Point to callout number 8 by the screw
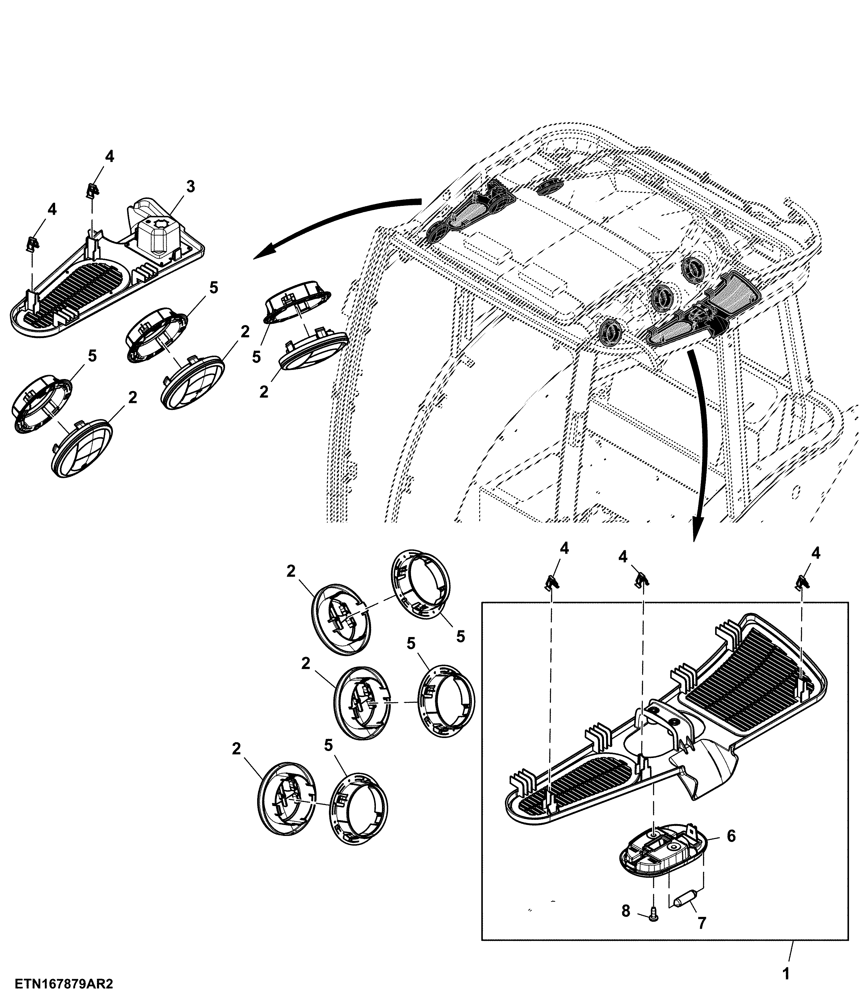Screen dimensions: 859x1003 tap(626, 911)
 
